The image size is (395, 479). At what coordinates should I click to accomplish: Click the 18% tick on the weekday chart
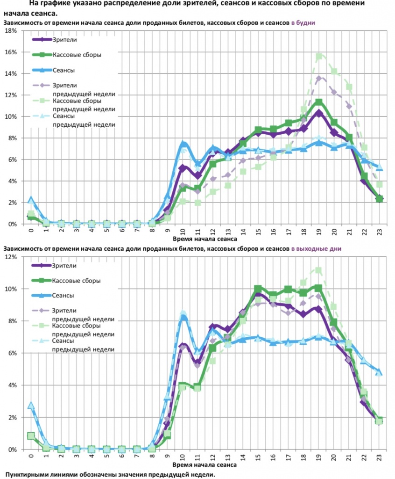pyautogui.click(x=11, y=31)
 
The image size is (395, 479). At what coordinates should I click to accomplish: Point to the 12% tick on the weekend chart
pyautogui.click(x=11, y=257)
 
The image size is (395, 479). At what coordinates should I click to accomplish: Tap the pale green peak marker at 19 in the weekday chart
pyautogui.click(x=319, y=57)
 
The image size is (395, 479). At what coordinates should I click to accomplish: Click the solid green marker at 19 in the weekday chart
pyautogui.click(x=319, y=102)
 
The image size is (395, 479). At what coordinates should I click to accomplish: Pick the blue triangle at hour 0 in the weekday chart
pyautogui.click(x=31, y=200)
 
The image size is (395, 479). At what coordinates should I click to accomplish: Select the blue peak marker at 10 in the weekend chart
pyautogui.click(x=183, y=318)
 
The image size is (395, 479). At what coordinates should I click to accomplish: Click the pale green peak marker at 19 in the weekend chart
pyautogui.click(x=319, y=270)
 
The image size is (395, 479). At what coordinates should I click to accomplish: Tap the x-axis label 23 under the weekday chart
pyautogui.click(x=380, y=231)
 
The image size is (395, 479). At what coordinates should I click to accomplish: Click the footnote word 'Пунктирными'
pyautogui.click(x=29, y=474)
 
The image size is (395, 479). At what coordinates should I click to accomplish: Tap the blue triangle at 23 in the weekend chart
pyautogui.click(x=380, y=372)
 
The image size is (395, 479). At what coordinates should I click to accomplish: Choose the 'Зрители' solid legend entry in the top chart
pyautogui.click(x=63, y=40)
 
